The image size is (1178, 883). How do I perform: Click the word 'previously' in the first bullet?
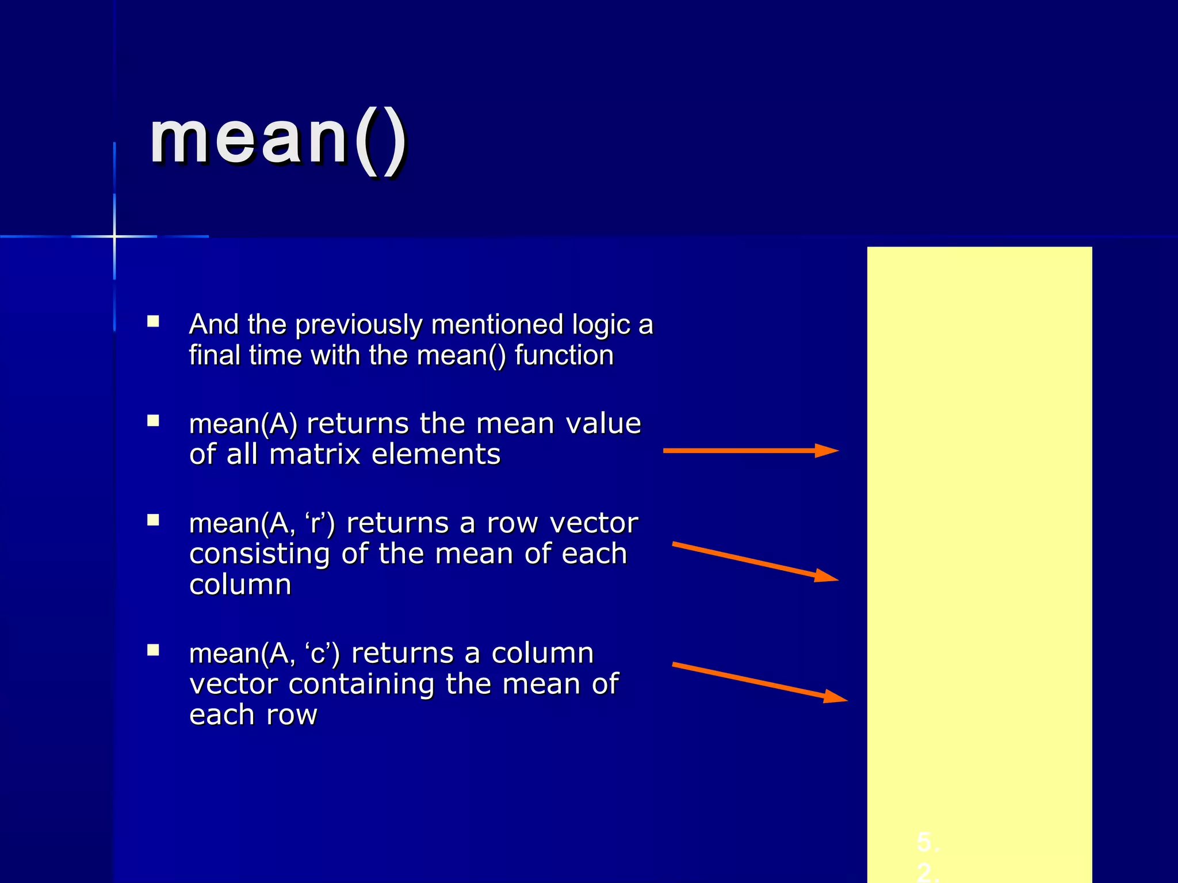click(359, 325)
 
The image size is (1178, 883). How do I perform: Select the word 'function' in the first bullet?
click(564, 355)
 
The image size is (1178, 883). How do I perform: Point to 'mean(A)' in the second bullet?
click(243, 424)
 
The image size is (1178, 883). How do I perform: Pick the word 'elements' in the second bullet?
click(436, 455)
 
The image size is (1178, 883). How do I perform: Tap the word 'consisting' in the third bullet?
click(259, 554)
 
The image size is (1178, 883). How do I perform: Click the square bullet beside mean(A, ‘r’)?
click(153, 520)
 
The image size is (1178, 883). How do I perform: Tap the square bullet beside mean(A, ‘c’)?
click(153, 650)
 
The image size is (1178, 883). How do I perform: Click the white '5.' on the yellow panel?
click(928, 842)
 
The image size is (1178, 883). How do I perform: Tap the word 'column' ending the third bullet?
click(240, 585)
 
